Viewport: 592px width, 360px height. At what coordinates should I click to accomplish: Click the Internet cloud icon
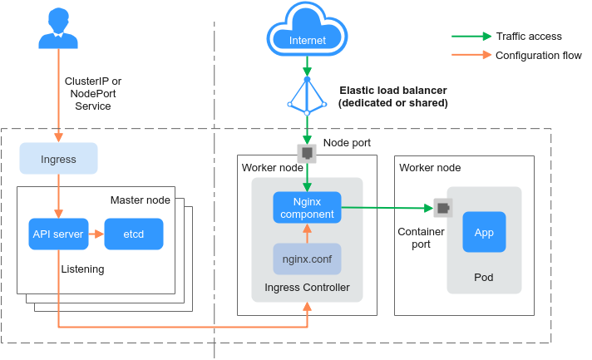(307, 32)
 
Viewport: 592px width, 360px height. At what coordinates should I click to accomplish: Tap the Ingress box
(58, 158)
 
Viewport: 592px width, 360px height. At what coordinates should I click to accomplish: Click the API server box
(58, 234)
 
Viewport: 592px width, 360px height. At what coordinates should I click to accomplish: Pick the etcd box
(133, 234)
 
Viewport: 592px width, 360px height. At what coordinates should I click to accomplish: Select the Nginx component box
(307, 207)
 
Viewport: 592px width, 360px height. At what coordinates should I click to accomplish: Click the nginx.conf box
(307, 259)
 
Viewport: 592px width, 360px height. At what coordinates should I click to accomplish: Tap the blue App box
(484, 233)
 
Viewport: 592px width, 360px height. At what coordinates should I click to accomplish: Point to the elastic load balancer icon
(307, 95)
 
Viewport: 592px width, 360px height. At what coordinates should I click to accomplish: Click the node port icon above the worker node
(307, 152)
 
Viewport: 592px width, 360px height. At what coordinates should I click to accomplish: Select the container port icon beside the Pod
(442, 208)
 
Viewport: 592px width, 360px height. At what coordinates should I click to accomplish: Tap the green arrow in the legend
(471, 37)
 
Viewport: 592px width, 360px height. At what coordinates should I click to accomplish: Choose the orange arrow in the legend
(471, 56)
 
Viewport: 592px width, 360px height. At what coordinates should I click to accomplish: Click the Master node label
(140, 200)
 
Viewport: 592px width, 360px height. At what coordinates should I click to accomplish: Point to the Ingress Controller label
(307, 288)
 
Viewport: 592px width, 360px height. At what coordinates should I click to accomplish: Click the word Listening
(81, 269)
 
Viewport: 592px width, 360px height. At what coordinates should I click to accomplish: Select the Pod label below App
(484, 277)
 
